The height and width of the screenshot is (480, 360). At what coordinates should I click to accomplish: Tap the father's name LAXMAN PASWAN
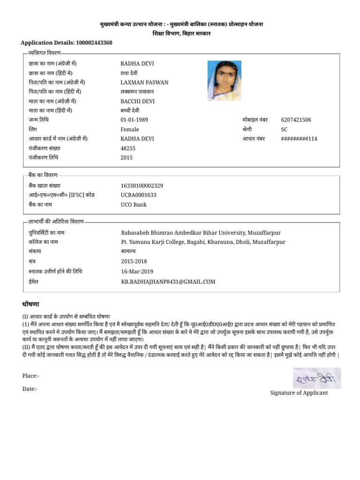[144, 82]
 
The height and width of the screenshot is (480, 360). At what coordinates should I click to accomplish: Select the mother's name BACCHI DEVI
[137, 101]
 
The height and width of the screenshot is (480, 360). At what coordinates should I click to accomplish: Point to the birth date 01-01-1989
[134, 120]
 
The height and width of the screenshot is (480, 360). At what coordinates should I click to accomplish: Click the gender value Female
[130, 129]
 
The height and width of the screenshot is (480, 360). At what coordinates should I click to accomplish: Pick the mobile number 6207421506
[296, 120]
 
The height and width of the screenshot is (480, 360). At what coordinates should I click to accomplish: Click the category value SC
[284, 129]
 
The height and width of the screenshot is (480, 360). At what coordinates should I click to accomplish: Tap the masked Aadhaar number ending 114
[299, 139]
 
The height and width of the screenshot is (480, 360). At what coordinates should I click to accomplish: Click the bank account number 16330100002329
[142, 186]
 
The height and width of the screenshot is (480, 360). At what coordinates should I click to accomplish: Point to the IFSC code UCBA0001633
[139, 195]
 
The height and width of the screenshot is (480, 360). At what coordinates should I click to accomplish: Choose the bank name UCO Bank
[134, 204]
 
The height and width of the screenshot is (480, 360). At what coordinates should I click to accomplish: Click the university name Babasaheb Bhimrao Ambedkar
[201, 232]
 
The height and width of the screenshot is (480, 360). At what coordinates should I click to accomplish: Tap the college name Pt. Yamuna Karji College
[203, 242]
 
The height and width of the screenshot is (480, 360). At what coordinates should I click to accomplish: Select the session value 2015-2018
[134, 261]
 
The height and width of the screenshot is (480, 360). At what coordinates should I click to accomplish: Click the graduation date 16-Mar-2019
[137, 271]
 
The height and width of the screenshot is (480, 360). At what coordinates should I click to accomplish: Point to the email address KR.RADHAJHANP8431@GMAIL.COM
[168, 282]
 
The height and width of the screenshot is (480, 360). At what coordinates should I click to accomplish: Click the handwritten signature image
[317, 378]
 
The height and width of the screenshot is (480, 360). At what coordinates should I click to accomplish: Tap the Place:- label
[31, 376]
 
